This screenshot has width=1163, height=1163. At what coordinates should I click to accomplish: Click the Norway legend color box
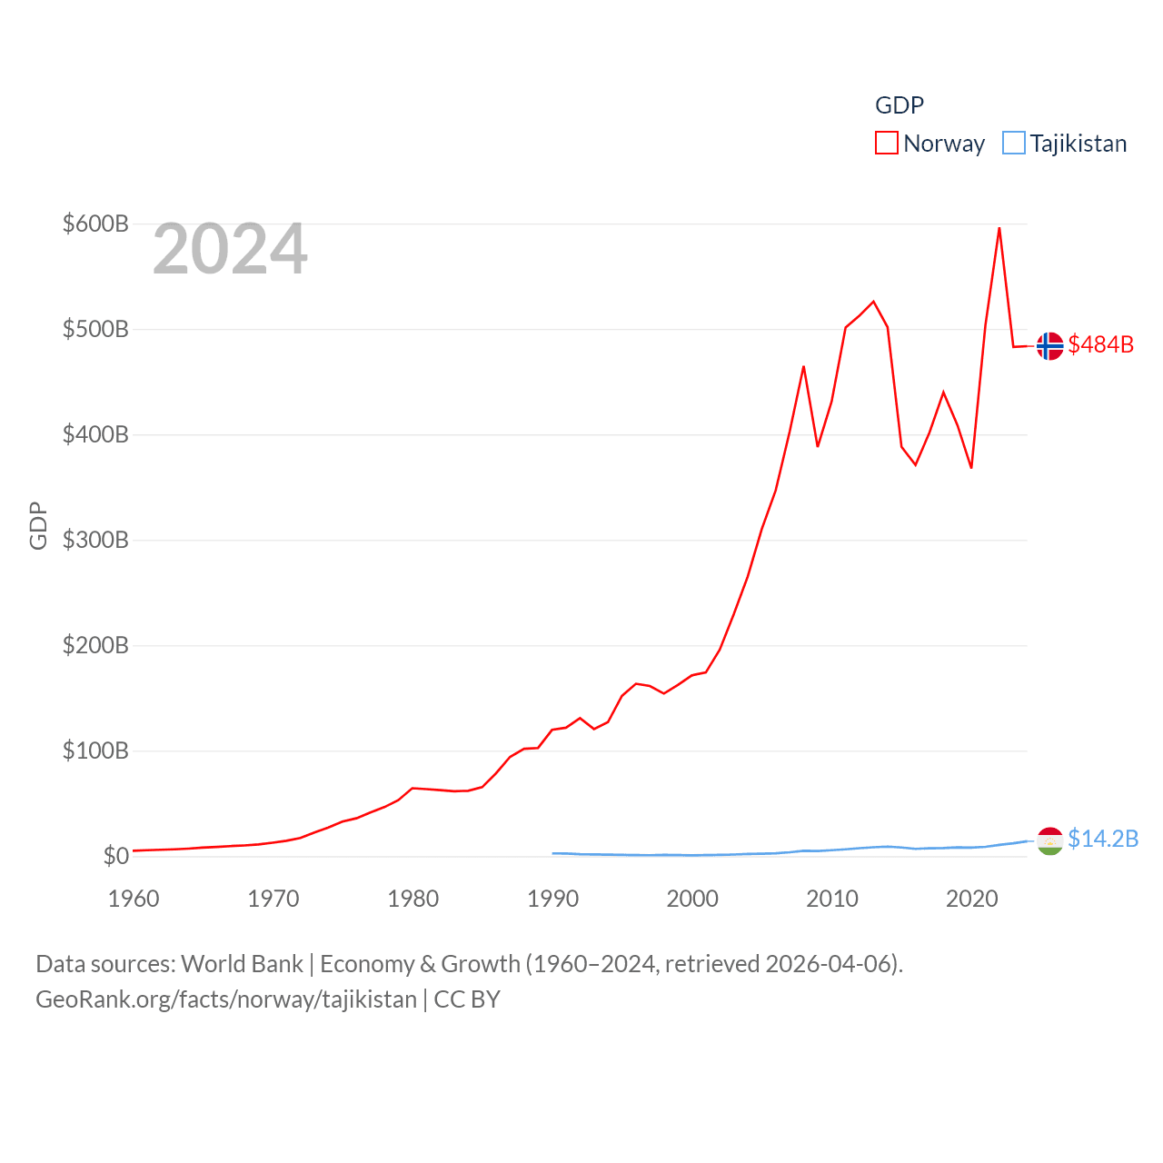click(887, 144)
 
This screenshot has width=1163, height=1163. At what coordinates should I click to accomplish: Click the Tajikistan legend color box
click(1014, 144)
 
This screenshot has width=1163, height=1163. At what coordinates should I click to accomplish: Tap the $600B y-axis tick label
click(95, 224)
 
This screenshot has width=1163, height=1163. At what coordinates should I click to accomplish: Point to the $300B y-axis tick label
click(95, 540)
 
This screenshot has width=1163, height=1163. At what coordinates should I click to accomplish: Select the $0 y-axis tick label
click(115, 856)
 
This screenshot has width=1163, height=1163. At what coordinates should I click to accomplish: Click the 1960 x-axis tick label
click(134, 899)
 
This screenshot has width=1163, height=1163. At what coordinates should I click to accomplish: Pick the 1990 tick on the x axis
click(552, 899)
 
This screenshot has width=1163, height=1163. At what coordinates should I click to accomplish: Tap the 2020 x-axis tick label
click(972, 899)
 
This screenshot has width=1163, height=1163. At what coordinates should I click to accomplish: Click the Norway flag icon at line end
click(1049, 346)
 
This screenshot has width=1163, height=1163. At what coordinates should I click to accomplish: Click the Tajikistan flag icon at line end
click(1049, 841)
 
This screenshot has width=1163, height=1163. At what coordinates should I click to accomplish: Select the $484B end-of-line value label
click(1101, 344)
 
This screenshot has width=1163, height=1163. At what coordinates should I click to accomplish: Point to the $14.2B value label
click(1103, 839)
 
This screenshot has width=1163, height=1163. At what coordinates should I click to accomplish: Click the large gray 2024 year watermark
click(230, 249)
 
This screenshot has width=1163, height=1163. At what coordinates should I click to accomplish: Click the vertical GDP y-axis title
click(38, 525)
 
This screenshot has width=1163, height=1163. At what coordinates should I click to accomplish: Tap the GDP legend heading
click(900, 105)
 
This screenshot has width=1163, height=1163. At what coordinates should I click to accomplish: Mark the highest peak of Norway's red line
click(999, 228)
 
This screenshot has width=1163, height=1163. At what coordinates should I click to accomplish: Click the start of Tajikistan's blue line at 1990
click(553, 853)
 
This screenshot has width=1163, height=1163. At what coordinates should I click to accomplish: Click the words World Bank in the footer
click(243, 964)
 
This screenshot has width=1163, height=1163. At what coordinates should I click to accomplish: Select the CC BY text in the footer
click(467, 999)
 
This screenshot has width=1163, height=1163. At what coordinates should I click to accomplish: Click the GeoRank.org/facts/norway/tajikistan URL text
click(226, 999)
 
